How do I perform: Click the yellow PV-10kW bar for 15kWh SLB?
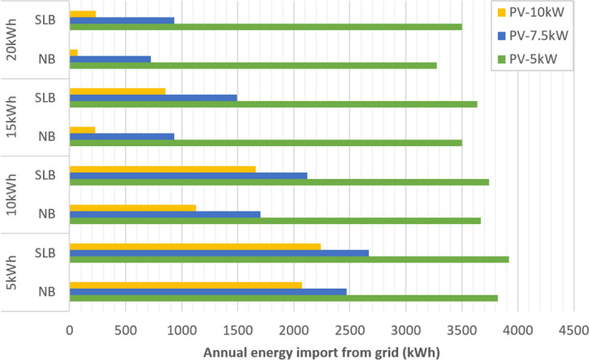click(x=117, y=91)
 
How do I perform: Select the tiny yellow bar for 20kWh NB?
click(x=74, y=52)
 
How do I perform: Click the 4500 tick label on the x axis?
click(x=573, y=328)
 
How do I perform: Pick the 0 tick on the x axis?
click(x=70, y=328)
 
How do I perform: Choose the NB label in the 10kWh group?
click(x=47, y=214)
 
